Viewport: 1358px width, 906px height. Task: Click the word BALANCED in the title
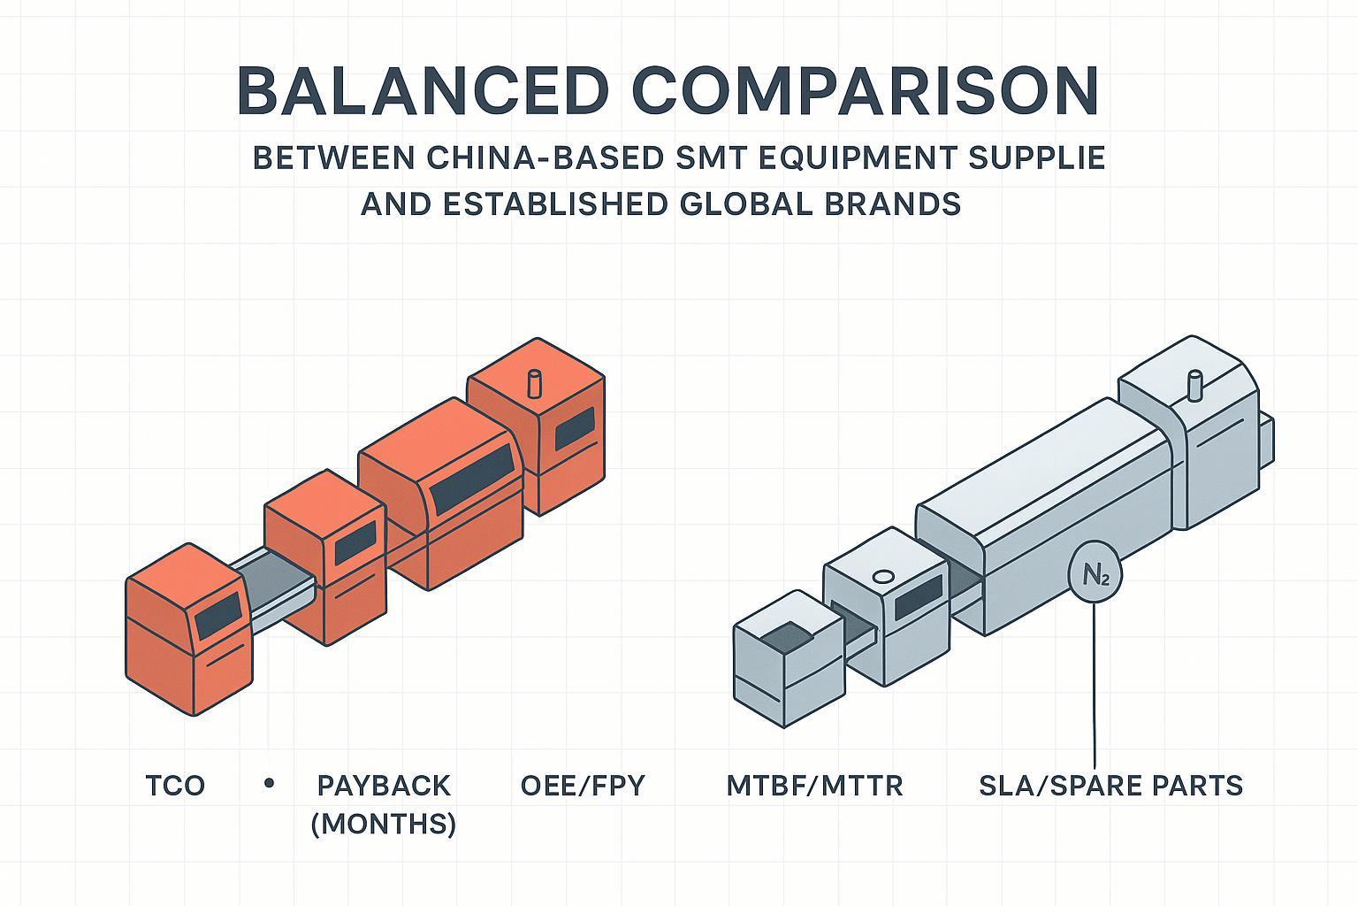(x=423, y=91)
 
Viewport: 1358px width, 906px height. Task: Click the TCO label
(x=175, y=785)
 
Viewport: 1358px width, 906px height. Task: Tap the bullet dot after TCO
(x=270, y=783)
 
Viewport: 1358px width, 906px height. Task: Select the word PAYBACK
(x=384, y=785)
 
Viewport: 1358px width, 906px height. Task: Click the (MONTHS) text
(x=384, y=824)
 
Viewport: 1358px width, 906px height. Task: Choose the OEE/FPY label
(x=583, y=785)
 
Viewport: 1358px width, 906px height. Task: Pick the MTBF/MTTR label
(x=814, y=785)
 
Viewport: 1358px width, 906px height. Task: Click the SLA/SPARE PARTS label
(x=1110, y=785)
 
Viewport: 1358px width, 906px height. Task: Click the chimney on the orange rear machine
(x=533, y=384)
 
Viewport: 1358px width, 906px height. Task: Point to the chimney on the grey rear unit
(x=1195, y=387)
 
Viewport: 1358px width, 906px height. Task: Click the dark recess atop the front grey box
(x=785, y=634)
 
